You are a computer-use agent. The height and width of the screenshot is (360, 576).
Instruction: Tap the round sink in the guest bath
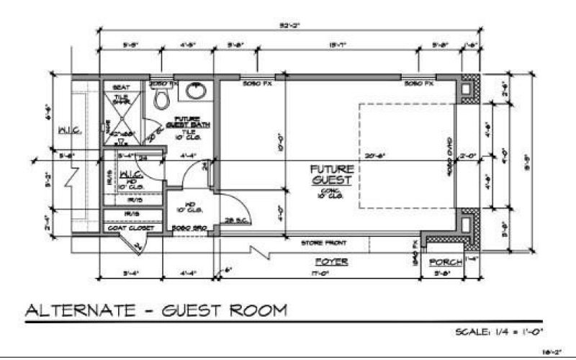[x=194, y=91]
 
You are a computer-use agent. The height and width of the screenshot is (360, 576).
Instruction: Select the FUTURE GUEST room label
[x=330, y=174]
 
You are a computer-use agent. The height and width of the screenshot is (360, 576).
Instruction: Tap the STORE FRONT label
[x=319, y=243]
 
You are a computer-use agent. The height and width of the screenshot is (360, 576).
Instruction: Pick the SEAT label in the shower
[x=121, y=87]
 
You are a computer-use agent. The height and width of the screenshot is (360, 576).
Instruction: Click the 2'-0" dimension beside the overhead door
[x=468, y=153]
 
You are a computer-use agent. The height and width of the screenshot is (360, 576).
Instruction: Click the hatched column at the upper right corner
[x=469, y=89]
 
